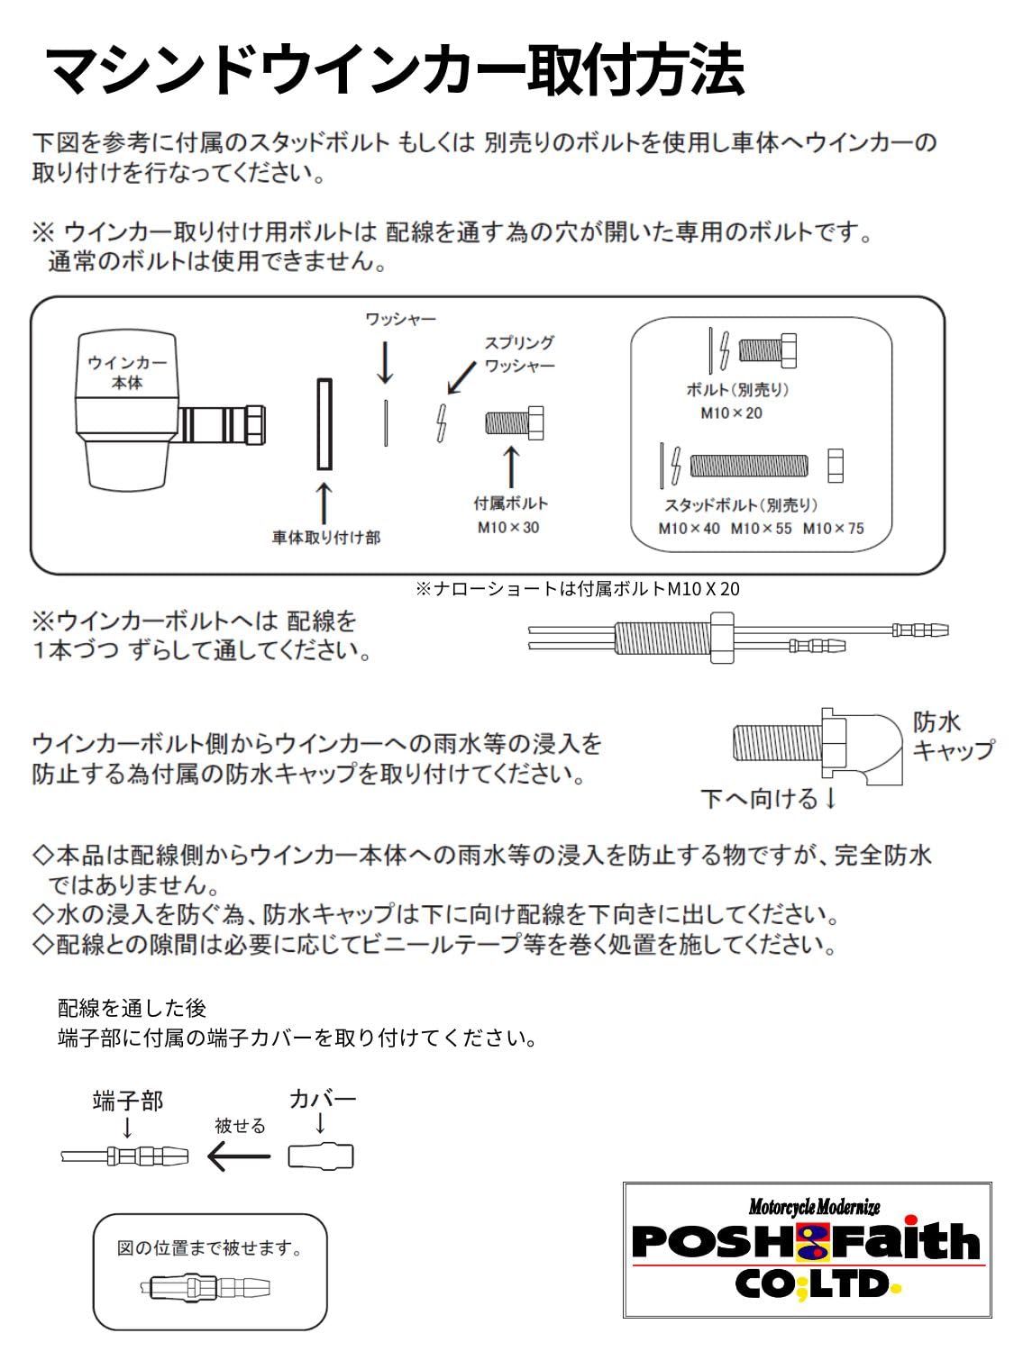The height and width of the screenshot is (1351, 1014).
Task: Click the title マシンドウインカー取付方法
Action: pyautogui.click(x=394, y=71)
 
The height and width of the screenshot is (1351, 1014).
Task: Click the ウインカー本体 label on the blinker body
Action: pyautogui.click(x=127, y=372)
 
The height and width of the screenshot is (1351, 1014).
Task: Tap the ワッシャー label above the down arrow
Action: pyautogui.click(x=400, y=320)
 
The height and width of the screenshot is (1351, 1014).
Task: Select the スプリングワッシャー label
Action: pyautogui.click(x=519, y=354)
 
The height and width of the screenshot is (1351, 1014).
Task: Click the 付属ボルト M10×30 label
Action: pyautogui.click(x=509, y=515)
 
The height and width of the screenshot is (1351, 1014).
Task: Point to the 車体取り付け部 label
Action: pyautogui.click(x=326, y=538)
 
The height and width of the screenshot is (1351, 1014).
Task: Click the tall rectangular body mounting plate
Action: pyautogui.click(x=324, y=423)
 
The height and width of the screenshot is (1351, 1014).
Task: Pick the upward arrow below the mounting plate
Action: pyautogui.click(x=324, y=503)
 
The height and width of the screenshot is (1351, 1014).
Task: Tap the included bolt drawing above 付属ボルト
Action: pyautogui.click(x=515, y=422)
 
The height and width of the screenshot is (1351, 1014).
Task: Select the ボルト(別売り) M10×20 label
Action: pyautogui.click(x=736, y=401)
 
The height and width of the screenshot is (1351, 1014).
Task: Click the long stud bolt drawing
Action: pyautogui.click(x=749, y=466)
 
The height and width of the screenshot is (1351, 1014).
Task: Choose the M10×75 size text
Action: pyautogui.click(x=833, y=529)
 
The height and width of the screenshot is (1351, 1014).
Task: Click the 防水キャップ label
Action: pyautogui.click(x=952, y=736)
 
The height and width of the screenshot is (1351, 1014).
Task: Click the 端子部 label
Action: pyautogui.click(x=128, y=1101)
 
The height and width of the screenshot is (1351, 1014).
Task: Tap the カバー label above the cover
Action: pyautogui.click(x=323, y=1099)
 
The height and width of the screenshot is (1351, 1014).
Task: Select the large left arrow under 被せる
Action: pyautogui.click(x=239, y=1156)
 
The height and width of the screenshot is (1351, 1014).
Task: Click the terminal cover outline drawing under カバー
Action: pyautogui.click(x=321, y=1156)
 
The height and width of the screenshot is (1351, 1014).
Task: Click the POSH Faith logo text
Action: pyautogui.click(x=806, y=1242)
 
